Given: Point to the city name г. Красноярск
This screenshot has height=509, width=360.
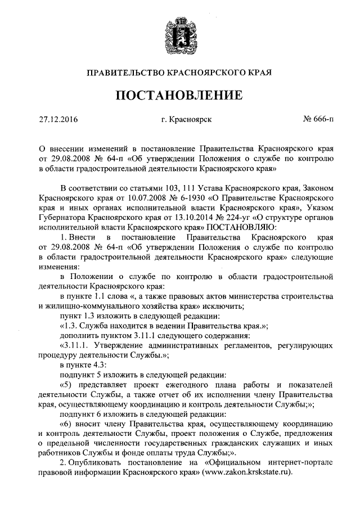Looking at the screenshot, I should pyautogui.click(x=186, y=119).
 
